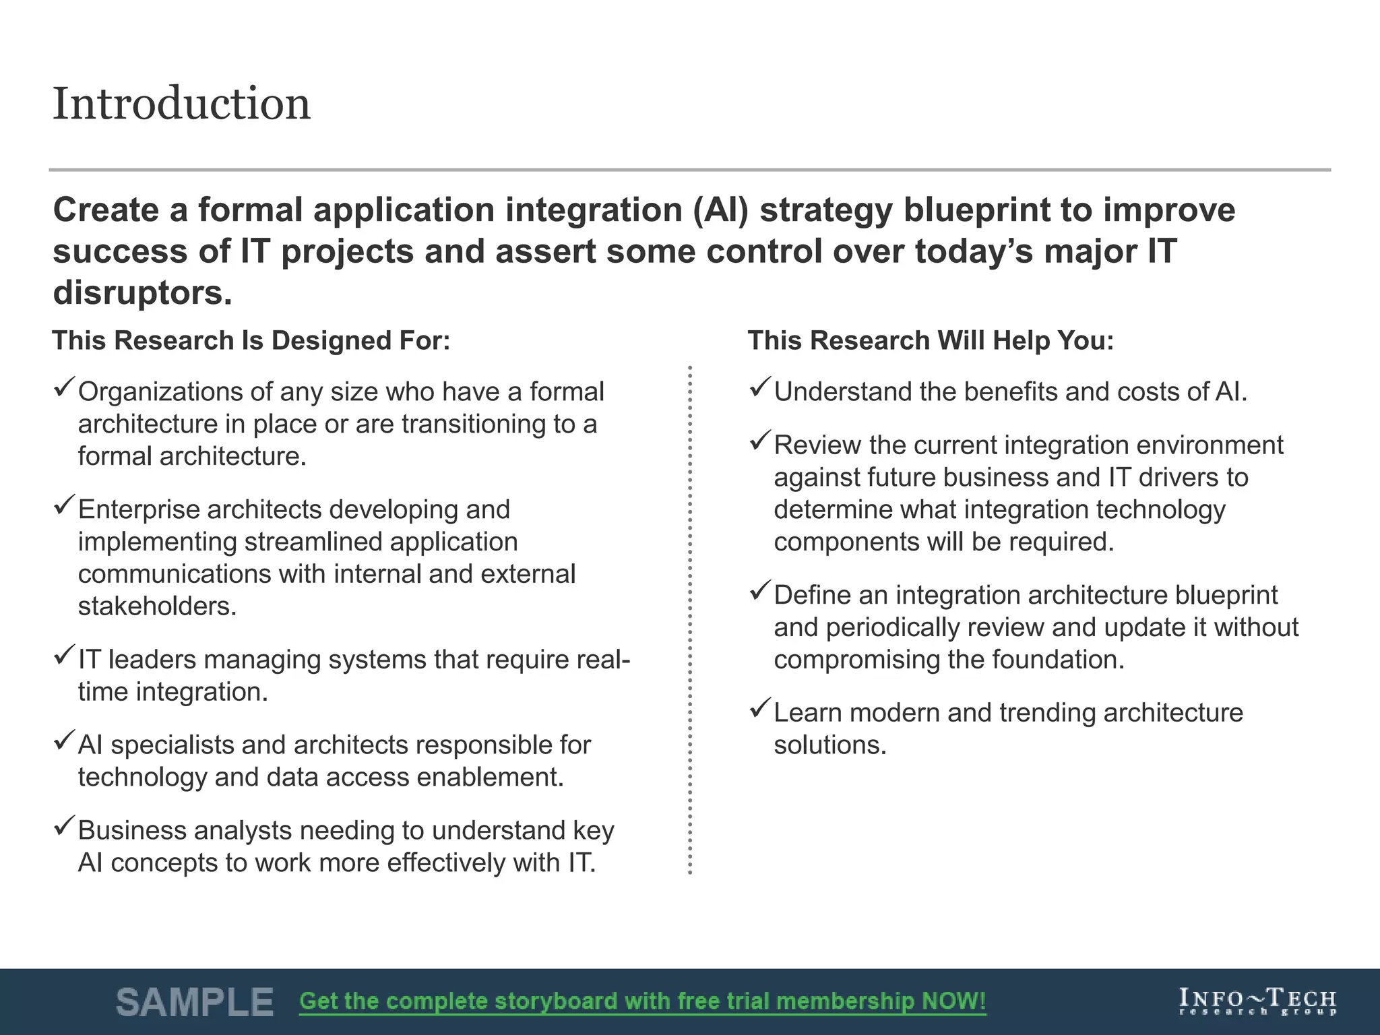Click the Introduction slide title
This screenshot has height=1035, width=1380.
(181, 104)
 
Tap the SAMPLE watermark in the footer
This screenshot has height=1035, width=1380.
(195, 1002)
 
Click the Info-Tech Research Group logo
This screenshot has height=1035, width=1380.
(1257, 1002)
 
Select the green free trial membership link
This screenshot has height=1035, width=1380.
(642, 1001)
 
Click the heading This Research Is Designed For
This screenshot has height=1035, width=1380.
(251, 341)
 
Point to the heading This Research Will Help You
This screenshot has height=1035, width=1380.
(931, 341)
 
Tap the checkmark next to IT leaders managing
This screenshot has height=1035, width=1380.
(65, 655)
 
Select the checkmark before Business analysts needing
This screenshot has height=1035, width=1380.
(65, 826)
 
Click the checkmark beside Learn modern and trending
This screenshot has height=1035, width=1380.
(760, 708)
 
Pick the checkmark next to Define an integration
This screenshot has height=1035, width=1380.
(760, 591)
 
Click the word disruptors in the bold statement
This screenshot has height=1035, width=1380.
(142, 293)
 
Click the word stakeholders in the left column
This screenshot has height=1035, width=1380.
(157, 606)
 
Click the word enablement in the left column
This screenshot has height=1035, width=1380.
(490, 778)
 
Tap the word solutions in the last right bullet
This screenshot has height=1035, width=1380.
(829, 745)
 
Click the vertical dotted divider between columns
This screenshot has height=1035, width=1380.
(690, 620)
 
